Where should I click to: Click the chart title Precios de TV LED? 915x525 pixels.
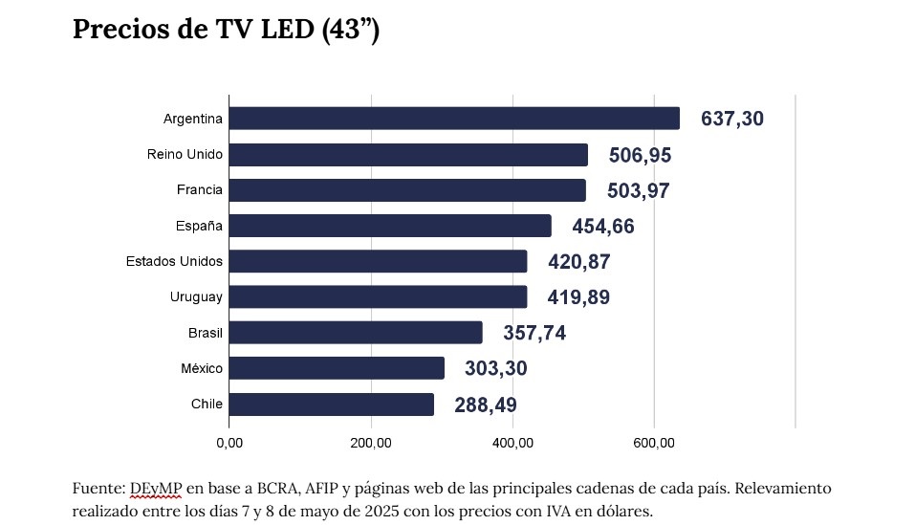point(227,30)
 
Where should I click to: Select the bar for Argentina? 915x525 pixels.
point(454,119)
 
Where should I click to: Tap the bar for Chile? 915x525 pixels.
point(332,405)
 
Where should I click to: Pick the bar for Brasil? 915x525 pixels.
point(356,333)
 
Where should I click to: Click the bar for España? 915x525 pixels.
point(390,226)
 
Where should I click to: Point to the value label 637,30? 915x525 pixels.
point(732,120)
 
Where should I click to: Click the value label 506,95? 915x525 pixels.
point(641,156)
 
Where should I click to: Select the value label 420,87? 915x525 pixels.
point(579,262)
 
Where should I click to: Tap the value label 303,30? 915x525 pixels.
point(496,369)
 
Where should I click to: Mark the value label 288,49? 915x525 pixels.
point(486,405)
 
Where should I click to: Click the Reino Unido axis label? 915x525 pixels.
point(185,155)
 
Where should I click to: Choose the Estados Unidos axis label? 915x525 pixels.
point(174,261)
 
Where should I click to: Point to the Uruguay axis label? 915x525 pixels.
point(196,297)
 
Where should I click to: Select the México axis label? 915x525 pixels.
point(202,368)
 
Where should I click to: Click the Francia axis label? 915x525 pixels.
point(199,190)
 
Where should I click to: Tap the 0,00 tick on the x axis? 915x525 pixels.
point(229,443)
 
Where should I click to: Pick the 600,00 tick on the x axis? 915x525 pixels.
point(654,443)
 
